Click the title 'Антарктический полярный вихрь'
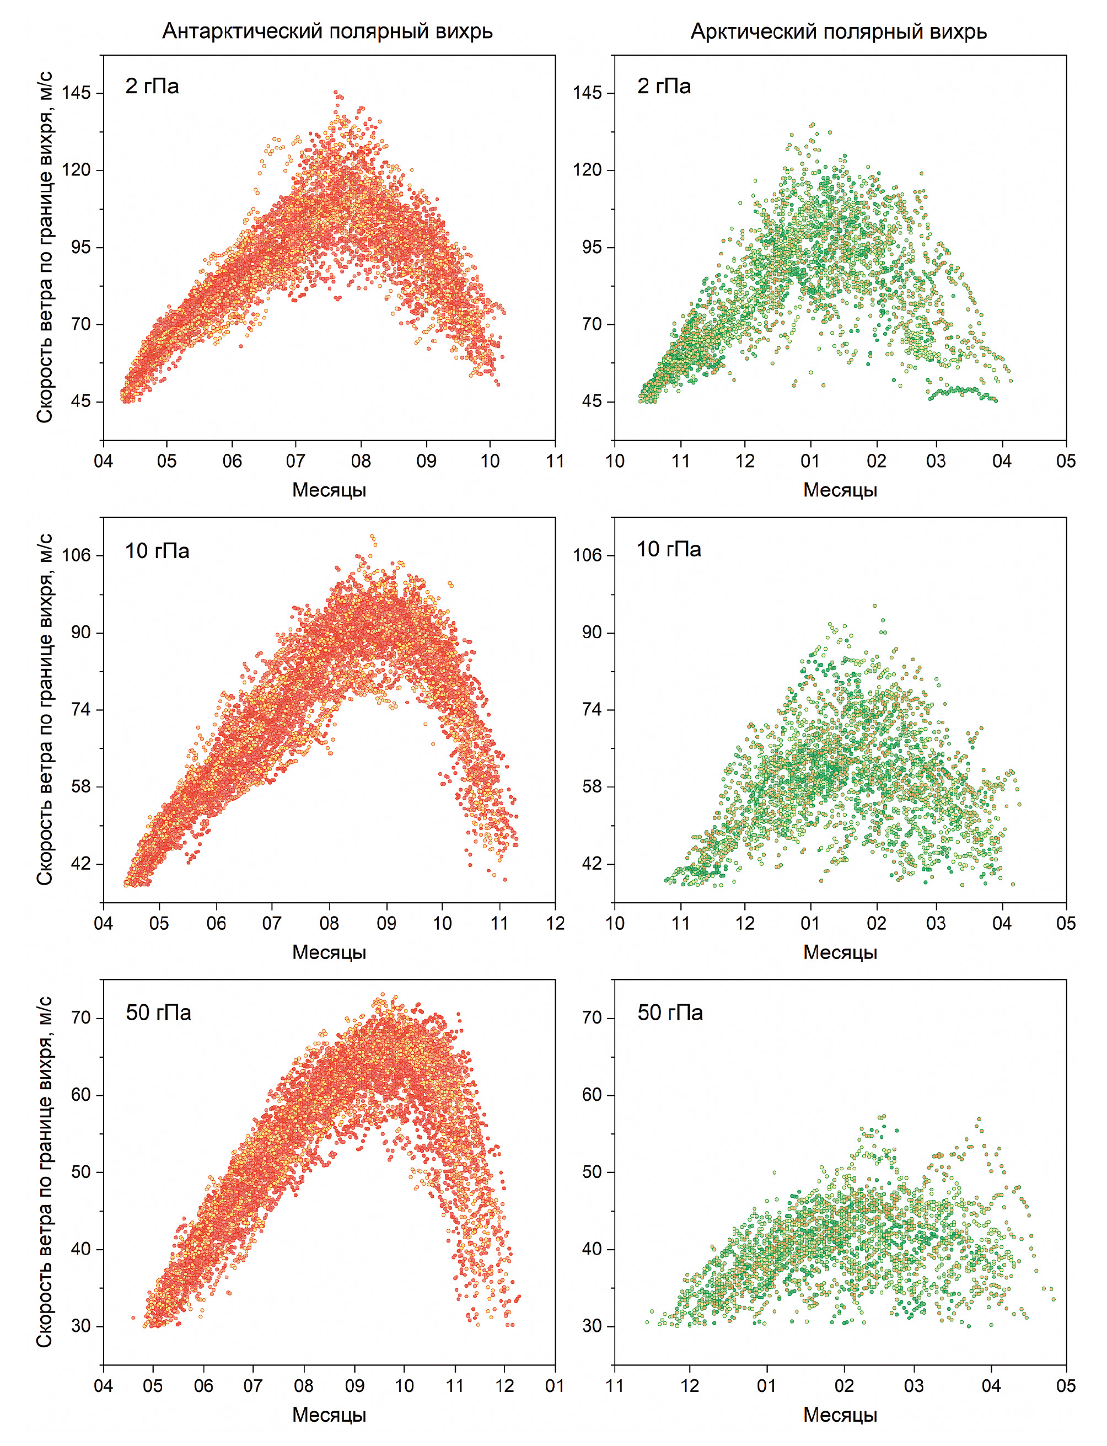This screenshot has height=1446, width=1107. (327, 31)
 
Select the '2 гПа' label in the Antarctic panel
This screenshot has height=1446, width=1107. (152, 87)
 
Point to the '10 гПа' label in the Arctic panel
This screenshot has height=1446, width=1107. (669, 549)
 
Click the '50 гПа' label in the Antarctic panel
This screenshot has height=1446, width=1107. (158, 1013)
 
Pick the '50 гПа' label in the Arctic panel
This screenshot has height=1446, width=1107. (669, 1013)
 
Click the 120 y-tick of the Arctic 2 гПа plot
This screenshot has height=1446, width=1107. (587, 170)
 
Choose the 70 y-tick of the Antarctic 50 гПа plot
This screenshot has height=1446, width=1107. (80, 1017)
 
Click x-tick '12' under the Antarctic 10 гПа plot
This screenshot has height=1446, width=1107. (555, 923)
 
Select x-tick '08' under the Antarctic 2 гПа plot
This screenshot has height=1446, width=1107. (361, 460)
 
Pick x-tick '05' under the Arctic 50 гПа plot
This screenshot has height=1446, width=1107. (1066, 1385)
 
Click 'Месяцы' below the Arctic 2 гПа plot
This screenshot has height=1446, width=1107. (840, 490)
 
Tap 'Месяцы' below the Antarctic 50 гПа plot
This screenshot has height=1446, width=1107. (329, 1415)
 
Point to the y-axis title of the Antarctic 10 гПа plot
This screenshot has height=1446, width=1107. (44, 709)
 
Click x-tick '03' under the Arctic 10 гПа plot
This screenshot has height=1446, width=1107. (936, 923)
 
